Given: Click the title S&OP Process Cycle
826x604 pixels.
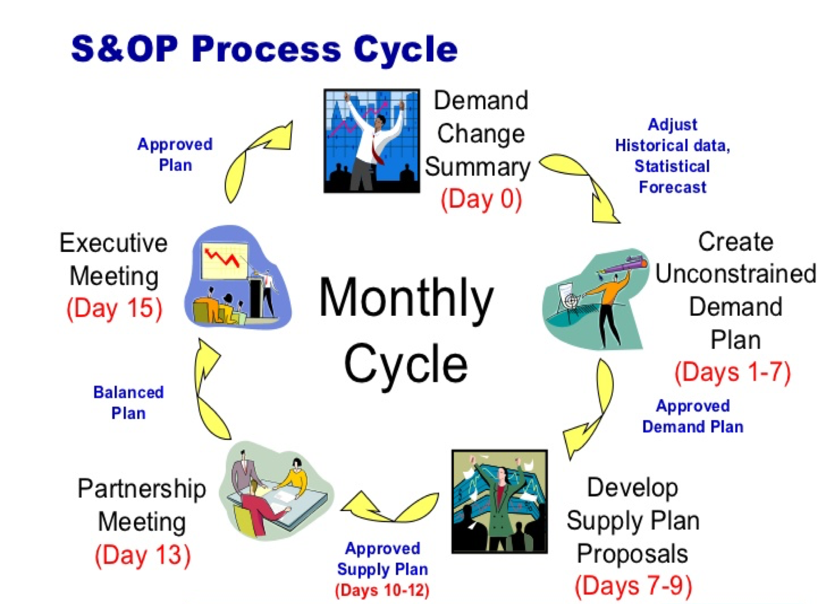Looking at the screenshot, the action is point(264,49).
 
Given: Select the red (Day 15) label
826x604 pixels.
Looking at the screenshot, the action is point(114,308).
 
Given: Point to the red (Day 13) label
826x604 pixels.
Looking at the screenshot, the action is point(143,555).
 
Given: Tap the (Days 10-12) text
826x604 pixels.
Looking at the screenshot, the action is point(383,590).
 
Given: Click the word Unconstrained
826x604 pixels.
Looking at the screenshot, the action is point(735,274).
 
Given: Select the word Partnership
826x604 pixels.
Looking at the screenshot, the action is point(142,489).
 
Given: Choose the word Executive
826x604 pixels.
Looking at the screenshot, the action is point(114,243).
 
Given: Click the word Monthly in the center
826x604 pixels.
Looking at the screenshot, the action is point(406,298).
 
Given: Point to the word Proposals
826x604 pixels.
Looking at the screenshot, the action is point(633,554).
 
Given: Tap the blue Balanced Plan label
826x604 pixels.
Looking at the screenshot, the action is point(128,403).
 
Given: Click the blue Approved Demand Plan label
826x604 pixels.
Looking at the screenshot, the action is point(693,416).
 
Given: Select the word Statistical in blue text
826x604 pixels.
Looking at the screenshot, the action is point(672,166).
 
